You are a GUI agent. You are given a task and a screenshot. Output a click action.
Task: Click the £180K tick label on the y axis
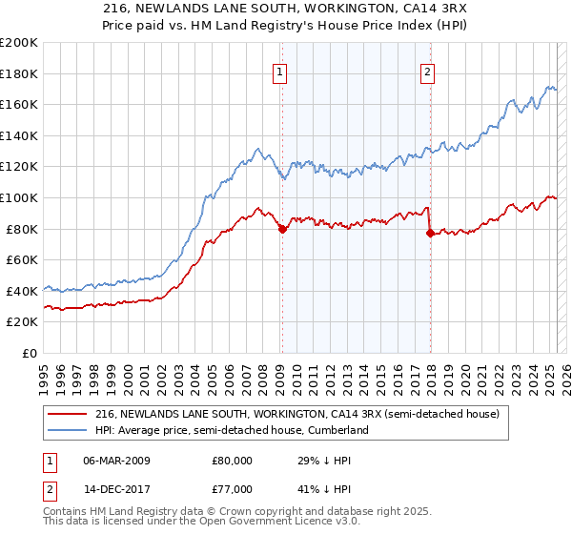(19, 73)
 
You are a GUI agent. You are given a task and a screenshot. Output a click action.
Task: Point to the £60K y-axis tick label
(22, 259)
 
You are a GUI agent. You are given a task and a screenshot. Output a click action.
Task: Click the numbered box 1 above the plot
(281, 71)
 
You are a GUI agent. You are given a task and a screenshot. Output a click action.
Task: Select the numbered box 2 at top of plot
(428, 71)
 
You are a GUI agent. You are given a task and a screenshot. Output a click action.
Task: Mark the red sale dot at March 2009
(282, 229)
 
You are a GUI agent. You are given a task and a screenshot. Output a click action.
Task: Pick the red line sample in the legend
(68, 413)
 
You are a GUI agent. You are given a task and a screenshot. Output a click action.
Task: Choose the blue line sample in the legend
(68, 430)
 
